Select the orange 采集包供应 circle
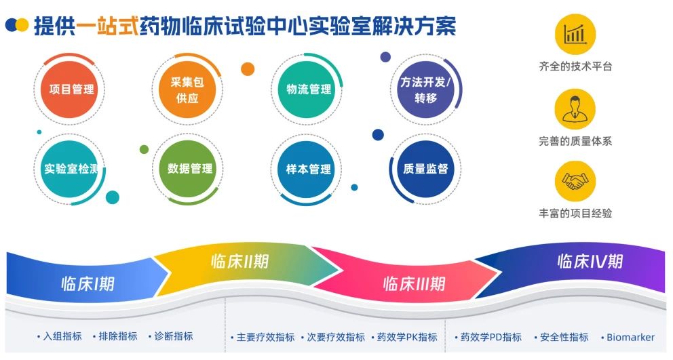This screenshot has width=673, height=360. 187,89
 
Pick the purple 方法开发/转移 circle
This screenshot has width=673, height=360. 425,89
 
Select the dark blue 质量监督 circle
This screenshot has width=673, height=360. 425,169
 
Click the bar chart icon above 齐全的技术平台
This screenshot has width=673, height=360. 575,35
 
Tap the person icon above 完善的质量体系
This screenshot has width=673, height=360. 575,109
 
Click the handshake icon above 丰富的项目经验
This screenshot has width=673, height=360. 575,181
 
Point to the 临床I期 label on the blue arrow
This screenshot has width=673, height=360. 88,283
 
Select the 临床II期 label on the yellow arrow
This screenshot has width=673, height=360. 239,261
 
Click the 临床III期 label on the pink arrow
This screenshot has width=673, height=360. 414,283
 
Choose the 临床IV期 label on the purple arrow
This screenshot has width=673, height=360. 590,261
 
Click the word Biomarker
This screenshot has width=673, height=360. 630,337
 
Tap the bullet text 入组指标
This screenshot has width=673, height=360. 62,336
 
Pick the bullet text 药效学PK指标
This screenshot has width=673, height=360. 407,337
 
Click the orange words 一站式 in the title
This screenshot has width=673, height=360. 108,26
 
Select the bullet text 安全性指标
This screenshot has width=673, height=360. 564,337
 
